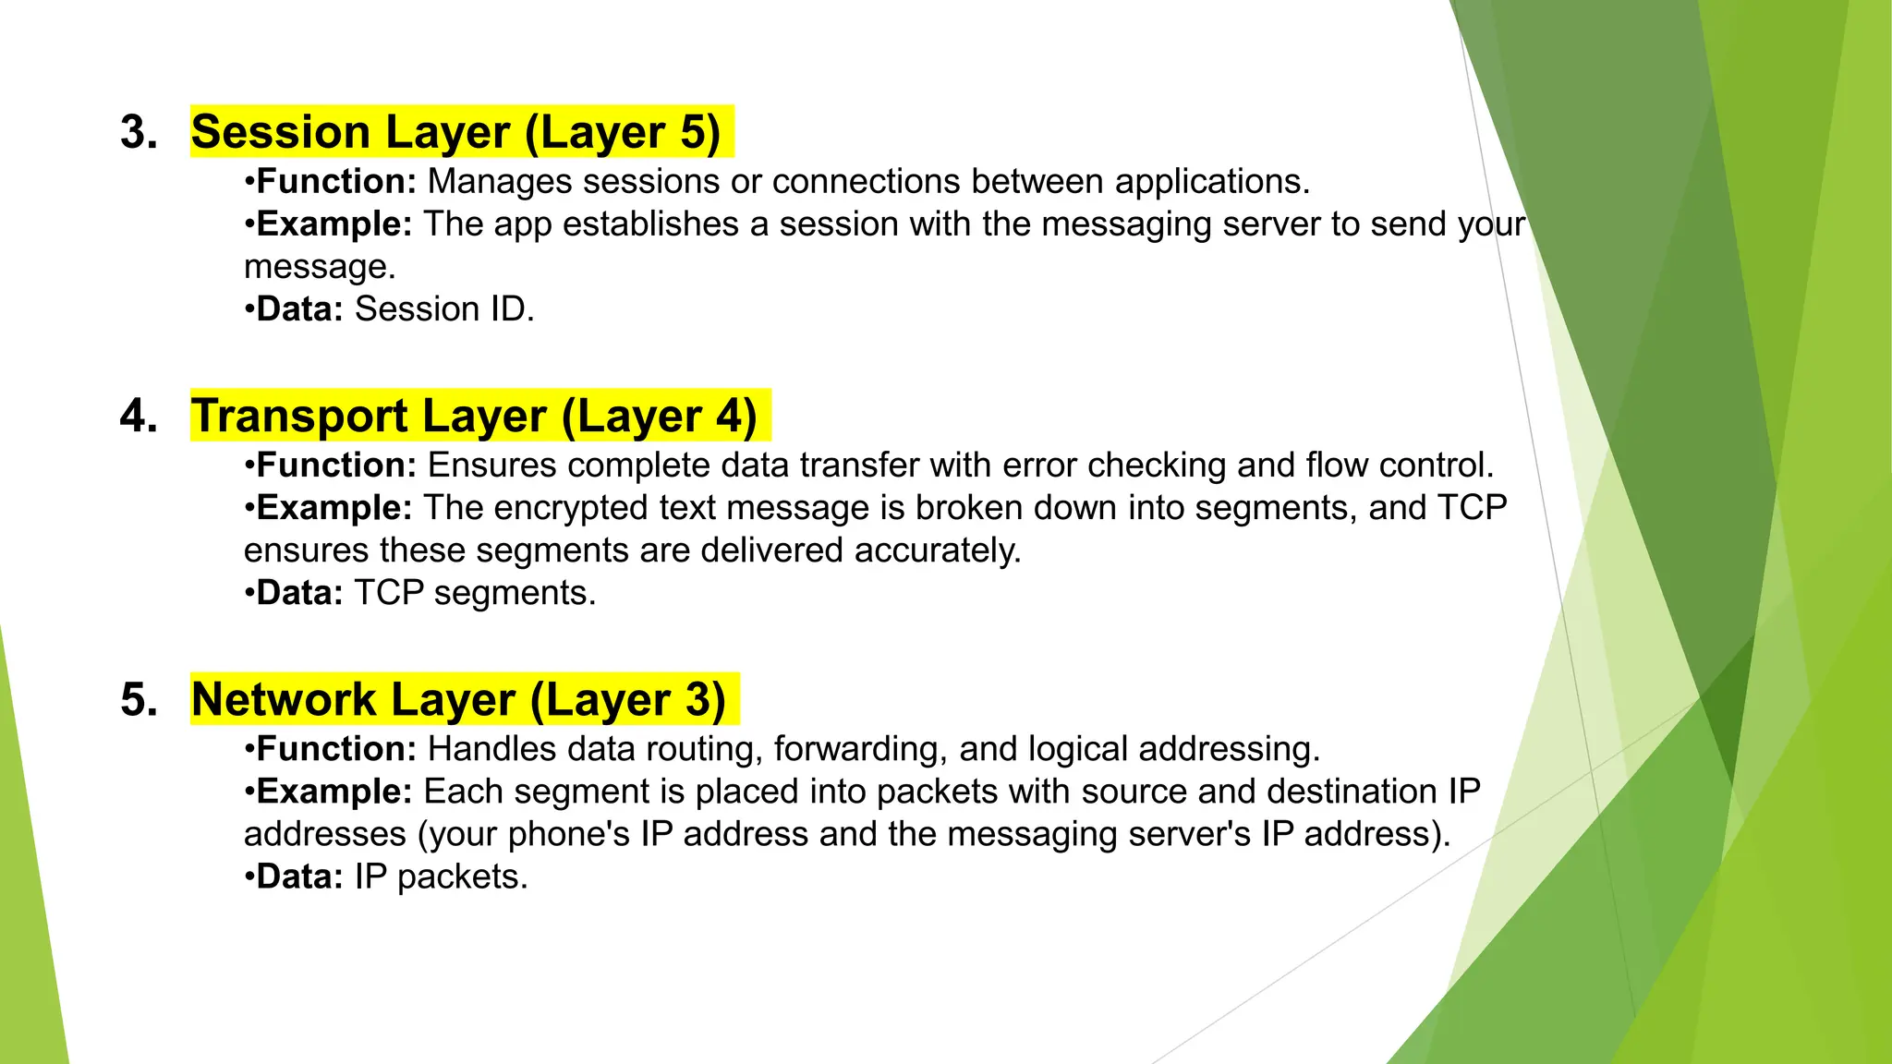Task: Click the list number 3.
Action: pos(139,132)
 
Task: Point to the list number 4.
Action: pos(139,416)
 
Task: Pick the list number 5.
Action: pos(139,699)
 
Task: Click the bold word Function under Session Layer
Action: pos(335,182)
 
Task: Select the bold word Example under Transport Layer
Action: pos(334,508)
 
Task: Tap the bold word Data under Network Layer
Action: pos(298,877)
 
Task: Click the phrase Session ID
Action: pos(444,309)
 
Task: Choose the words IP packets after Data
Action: pos(441,877)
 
